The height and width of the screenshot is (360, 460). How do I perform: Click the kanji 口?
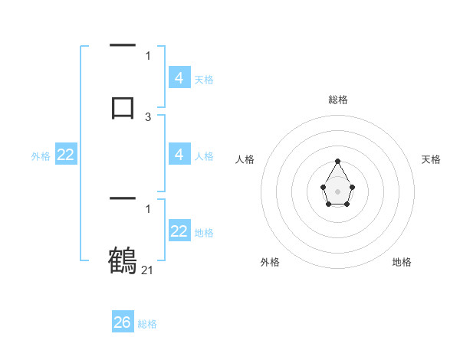(123, 106)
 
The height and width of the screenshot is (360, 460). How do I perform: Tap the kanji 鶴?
(123, 260)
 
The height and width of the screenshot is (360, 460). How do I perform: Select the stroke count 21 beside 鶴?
(147, 270)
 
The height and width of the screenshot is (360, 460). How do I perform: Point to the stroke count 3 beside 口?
(148, 117)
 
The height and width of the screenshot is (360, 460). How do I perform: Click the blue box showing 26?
(123, 322)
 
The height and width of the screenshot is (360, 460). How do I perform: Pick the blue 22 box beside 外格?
(66, 155)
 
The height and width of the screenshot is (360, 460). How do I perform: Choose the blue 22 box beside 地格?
(179, 231)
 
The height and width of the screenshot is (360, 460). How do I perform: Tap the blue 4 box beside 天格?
(179, 78)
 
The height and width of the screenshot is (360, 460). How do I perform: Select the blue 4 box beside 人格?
(179, 155)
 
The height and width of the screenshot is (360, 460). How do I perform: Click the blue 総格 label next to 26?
(147, 324)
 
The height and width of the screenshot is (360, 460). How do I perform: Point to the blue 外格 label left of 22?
(41, 155)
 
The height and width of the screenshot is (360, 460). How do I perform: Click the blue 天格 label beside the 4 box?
(203, 79)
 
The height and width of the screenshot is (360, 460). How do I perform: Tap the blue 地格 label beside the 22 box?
(203, 232)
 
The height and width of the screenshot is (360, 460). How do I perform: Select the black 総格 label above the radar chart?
(337, 100)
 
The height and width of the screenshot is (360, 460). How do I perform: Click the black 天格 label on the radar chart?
(431, 159)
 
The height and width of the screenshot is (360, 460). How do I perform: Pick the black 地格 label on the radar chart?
(402, 262)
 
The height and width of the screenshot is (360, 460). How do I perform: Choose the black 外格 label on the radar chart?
(270, 262)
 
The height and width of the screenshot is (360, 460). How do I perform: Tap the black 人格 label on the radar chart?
(245, 159)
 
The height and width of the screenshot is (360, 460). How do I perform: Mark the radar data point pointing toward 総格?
(337, 161)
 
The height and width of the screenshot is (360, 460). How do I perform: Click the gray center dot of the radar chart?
(337, 190)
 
